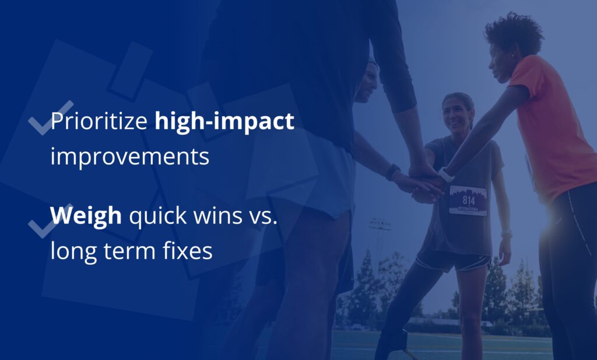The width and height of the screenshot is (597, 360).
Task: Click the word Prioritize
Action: point(99,121)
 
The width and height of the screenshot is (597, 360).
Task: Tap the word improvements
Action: point(130,157)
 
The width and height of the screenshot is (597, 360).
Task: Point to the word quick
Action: point(158,216)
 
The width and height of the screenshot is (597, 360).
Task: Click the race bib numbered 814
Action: point(468,200)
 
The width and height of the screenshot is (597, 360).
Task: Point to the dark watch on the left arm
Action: point(392,172)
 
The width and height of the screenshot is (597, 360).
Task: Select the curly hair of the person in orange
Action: point(514,35)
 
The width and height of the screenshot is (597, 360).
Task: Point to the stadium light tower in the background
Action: point(379,244)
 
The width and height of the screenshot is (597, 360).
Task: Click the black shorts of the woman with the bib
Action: point(453,262)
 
